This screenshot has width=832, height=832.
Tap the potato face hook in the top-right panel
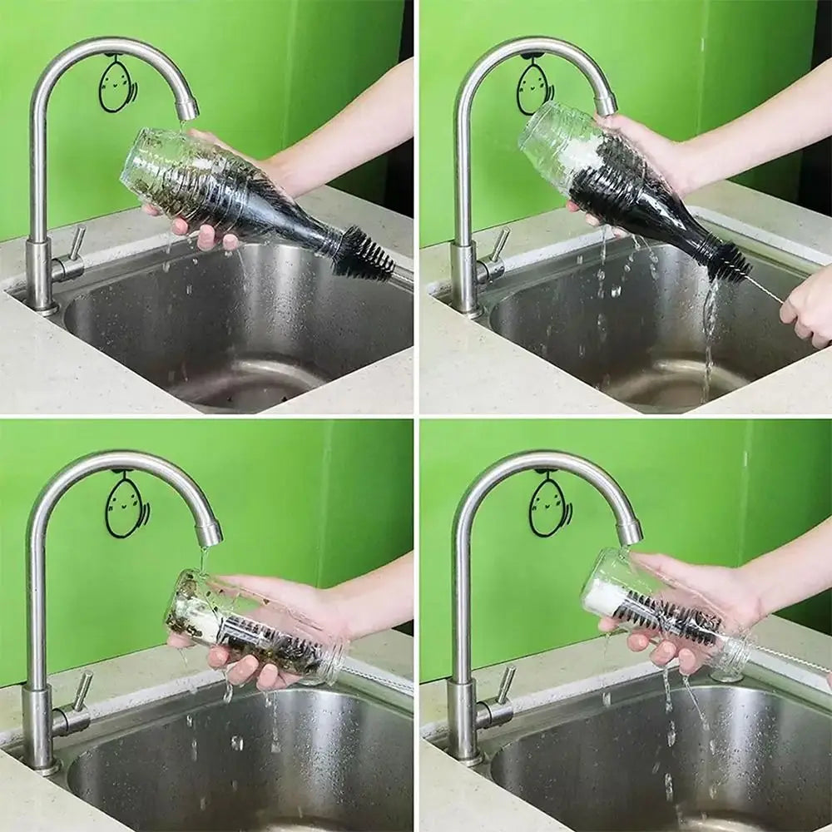[x=534, y=87]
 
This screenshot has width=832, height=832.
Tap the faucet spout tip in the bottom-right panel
[x=630, y=531]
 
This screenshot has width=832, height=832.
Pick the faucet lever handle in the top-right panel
[x=499, y=245]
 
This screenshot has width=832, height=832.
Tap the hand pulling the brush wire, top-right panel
[x=807, y=308]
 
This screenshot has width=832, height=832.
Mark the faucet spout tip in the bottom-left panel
[x=209, y=532]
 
